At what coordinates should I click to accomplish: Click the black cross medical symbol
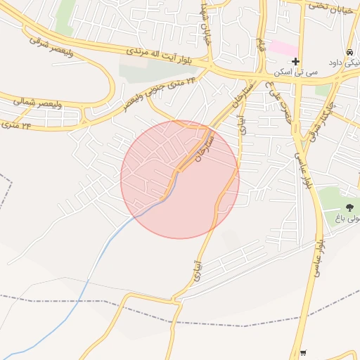click(296, 62)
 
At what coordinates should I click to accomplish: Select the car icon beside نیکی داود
click(349, 53)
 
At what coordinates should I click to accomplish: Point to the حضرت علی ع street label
click(279, 103)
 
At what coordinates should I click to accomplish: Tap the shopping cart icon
click(303, 353)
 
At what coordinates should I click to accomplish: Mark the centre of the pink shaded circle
click(180, 179)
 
